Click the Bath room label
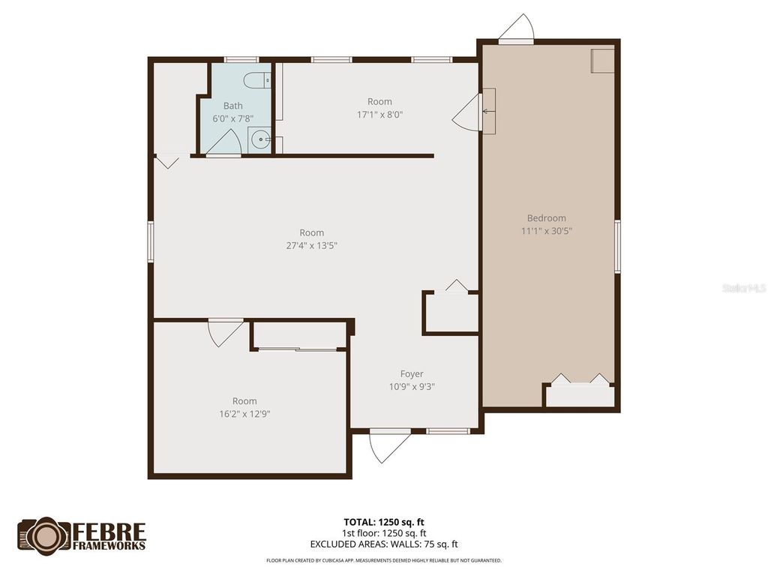[x=232, y=106]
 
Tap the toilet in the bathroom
[x=258, y=79]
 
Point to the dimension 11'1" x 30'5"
[x=547, y=231]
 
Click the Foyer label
[x=411, y=373]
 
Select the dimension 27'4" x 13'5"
[x=311, y=245]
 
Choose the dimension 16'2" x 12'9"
[x=244, y=413]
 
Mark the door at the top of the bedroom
[x=517, y=28]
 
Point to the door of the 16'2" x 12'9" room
[x=224, y=332]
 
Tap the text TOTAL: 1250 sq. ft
[x=384, y=521]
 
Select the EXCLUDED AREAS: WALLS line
[x=384, y=544]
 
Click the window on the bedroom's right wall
[x=617, y=245]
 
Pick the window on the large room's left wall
[x=151, y=241]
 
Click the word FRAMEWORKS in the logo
[x=109, y=545]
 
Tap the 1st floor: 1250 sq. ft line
[x=384, y=533]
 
